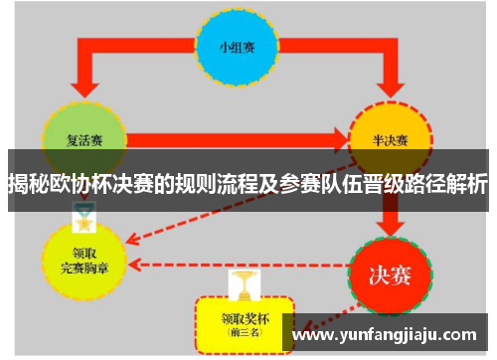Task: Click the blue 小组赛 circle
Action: pos(238,47)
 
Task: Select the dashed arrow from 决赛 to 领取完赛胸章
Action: pos(239,266)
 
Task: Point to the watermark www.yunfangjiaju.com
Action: pos(390,334)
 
